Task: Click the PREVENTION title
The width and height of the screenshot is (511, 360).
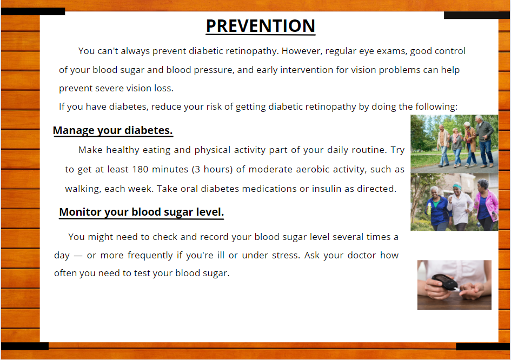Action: point(261,26)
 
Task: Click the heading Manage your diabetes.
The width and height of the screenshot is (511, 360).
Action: point(113,130)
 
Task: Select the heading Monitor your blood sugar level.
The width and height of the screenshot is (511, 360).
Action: point(142,212)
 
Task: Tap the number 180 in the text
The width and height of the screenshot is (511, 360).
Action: point(140,169)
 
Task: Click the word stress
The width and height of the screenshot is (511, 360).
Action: point(286,255)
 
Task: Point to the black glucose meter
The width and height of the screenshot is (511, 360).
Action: point(445,282)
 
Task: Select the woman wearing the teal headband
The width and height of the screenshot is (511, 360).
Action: point(460,206)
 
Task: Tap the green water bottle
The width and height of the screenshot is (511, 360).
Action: point(429,209)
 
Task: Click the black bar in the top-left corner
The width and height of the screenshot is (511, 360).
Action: point(33,11)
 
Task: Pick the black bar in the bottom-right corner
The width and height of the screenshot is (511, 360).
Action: point(483,346)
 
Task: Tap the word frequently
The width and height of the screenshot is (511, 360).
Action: point(150,256)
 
